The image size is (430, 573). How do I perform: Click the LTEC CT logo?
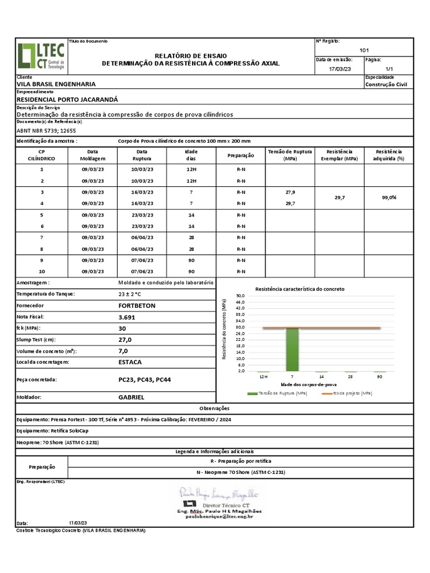(41, 56)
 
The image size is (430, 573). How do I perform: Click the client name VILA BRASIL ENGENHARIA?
(56, 84)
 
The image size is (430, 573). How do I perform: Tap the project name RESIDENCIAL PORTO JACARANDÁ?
(68, 99)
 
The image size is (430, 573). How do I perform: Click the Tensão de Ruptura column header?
(289, 155)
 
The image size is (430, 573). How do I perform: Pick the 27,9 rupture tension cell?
(290, 192)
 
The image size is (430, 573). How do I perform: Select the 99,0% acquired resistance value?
(389, 198)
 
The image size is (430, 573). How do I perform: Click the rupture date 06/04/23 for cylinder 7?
(142, 238)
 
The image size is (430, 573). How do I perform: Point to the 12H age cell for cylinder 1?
(191, 169)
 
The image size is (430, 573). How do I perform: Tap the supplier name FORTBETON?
(137, 306)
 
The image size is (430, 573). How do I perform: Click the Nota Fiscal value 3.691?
(127, 317)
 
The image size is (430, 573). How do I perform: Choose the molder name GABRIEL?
(131, 397)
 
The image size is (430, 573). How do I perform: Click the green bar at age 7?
(292, 350)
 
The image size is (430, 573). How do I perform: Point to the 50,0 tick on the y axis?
(241, 295)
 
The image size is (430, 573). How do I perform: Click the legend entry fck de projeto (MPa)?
(348, 393)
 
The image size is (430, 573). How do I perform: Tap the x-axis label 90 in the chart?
(380, 377)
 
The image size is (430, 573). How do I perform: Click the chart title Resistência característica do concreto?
(300, 289)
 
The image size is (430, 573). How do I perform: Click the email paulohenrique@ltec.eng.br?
(220, 517)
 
